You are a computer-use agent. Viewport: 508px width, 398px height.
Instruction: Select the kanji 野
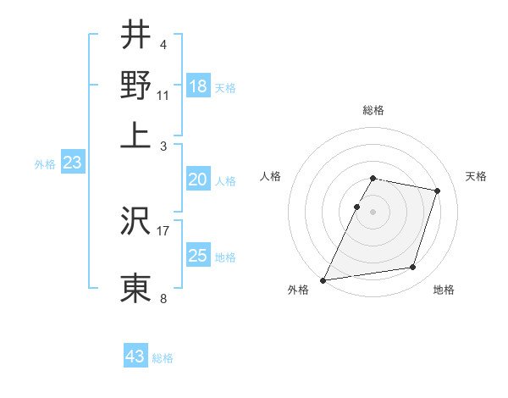pos(135,84)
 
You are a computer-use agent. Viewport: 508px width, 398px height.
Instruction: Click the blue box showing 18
pos(198,86)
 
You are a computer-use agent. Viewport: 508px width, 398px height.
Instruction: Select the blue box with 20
pos(198,180)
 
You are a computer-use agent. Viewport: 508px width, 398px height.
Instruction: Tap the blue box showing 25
pos(198,256)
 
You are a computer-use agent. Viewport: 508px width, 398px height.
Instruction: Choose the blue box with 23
pos(72,163)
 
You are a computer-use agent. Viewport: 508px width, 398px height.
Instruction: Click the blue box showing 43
pos(135,357)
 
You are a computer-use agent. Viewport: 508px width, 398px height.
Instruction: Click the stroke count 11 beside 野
pos(163,95)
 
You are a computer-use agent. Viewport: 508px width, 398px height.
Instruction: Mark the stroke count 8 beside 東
pos(163,298)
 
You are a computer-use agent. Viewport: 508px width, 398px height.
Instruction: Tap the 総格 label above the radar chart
pos(373,110)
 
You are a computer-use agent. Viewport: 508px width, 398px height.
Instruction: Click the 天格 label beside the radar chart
pos(476,176)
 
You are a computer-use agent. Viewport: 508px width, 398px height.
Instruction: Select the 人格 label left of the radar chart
pos(271,176)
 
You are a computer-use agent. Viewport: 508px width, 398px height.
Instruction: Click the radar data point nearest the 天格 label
pos(438,191)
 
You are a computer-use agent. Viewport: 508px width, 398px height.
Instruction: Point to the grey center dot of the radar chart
pos(373,212)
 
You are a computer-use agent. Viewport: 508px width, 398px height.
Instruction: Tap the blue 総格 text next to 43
pos(163,358)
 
